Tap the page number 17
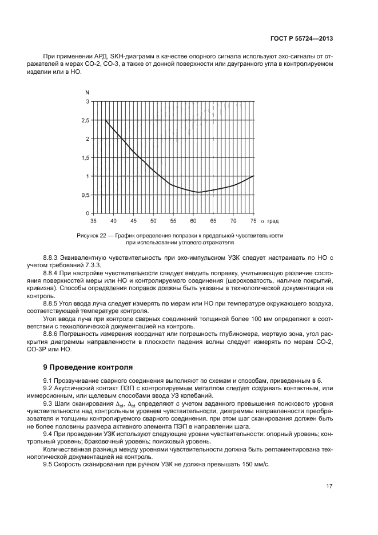click(329, 486)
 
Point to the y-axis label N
click(87, 93)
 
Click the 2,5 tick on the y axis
click(85, 120)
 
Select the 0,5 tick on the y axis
click(85, 195)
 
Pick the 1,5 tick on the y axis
click(85, 158)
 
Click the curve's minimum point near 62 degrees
click(198, 192)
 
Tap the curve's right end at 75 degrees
click(253, 176)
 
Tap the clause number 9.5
click(49, 464)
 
